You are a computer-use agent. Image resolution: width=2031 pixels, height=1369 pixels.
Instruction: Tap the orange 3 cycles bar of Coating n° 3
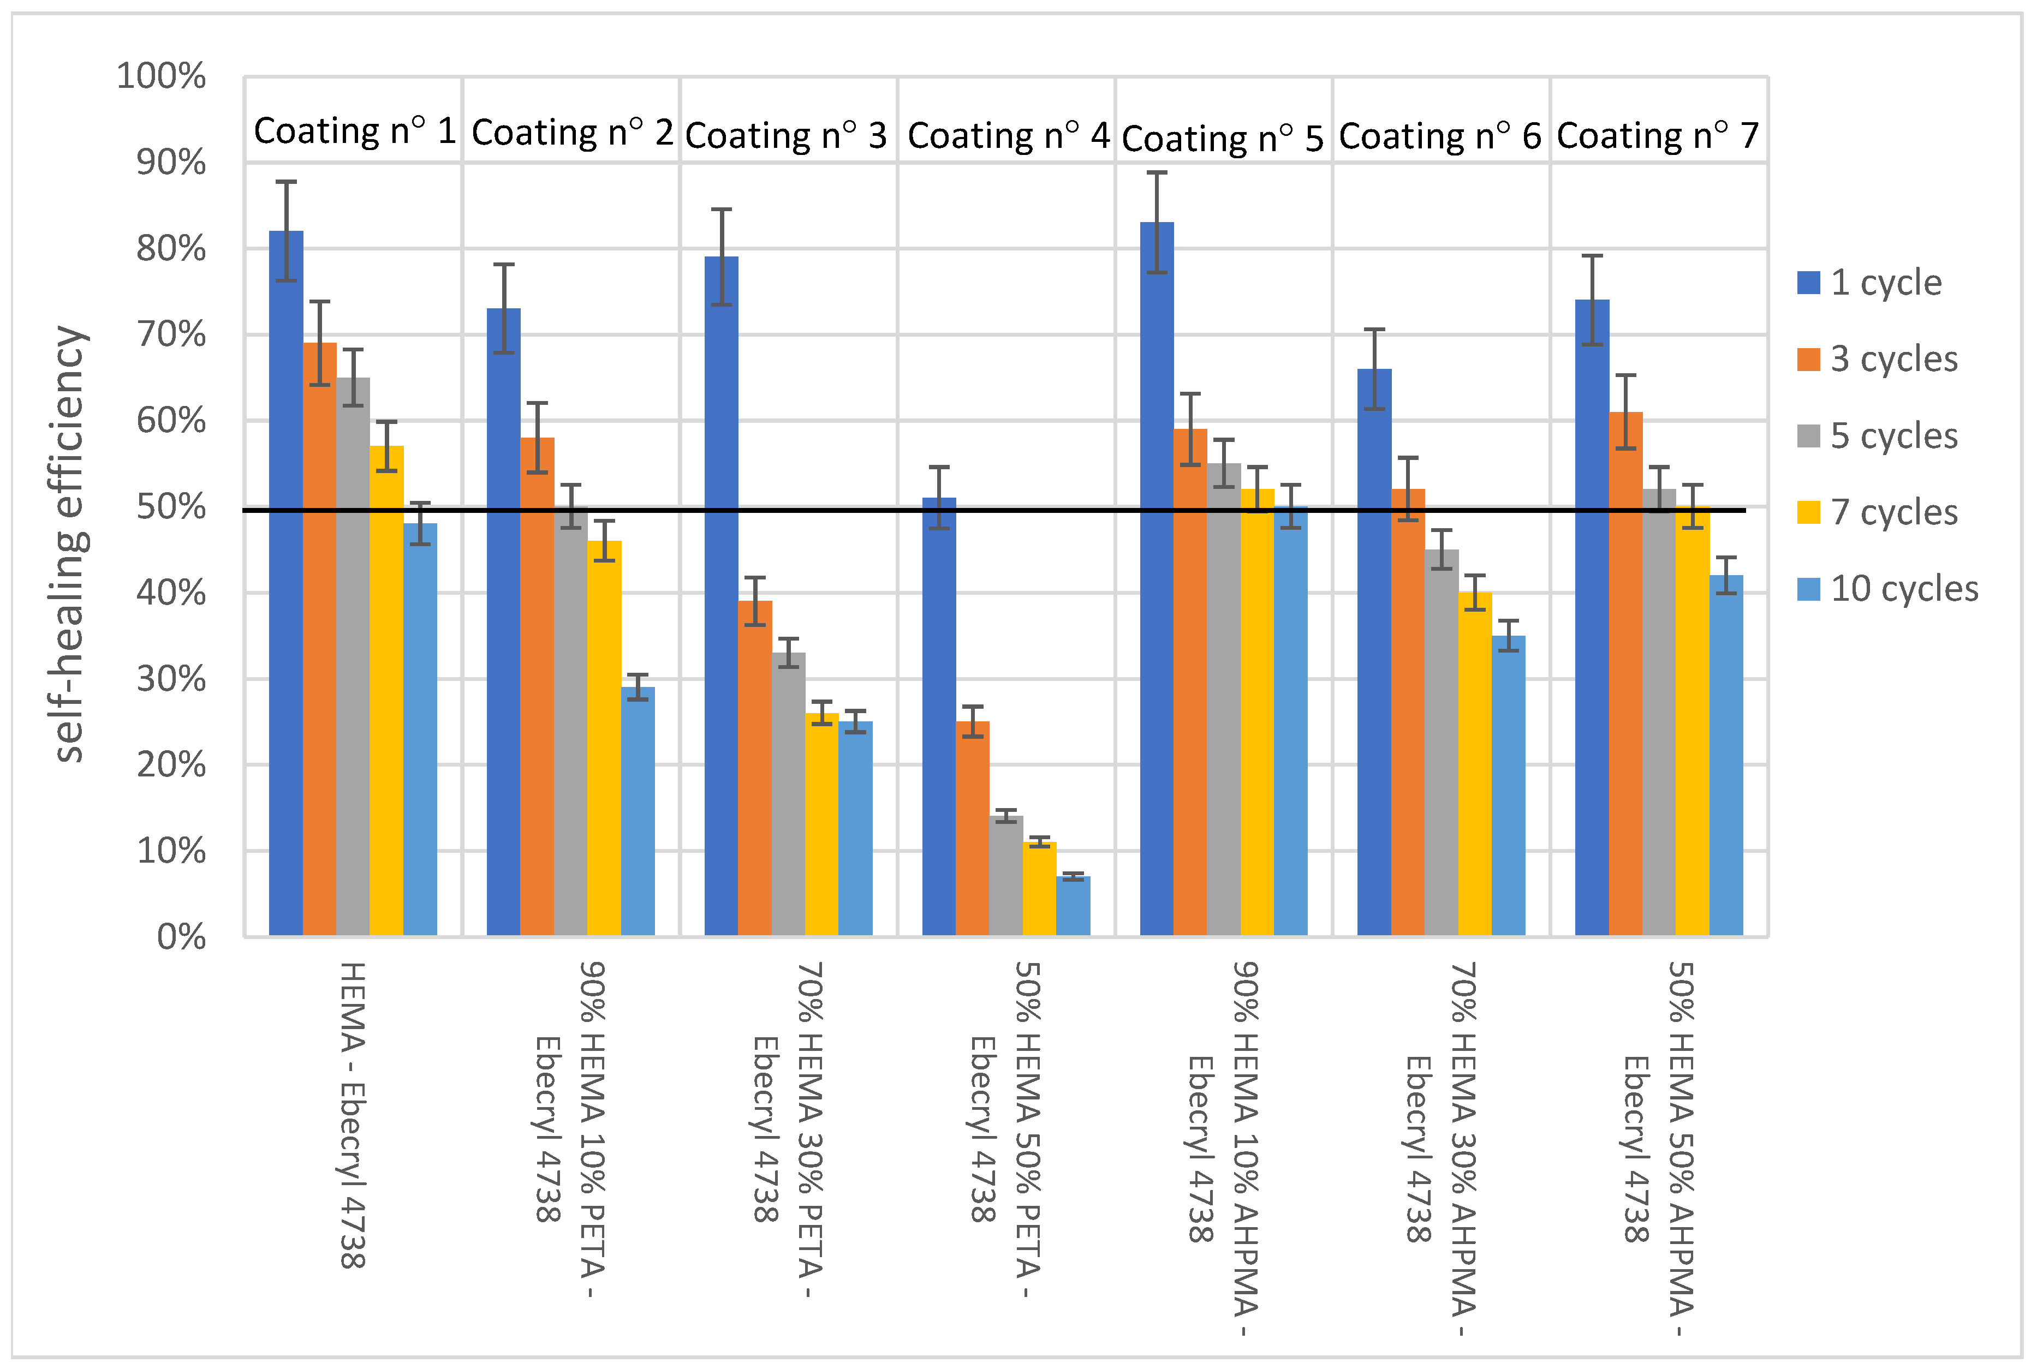pyautogui.click(x=754, y=768)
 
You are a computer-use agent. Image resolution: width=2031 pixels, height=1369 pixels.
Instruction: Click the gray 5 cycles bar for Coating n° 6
pyautogui.click(x=1442, y=742)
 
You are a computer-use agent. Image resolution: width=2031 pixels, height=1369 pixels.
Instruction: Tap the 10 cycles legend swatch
pyautogui.click(x=1808, y=589)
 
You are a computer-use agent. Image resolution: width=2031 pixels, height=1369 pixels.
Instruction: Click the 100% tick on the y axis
pyautogui.click(x=162, y=77)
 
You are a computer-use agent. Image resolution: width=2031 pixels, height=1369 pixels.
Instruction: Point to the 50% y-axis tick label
pyautogui.click(x=171, y=507)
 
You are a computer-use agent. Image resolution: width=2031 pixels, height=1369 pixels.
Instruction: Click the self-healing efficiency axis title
pyautogui.click(x=70, y=543)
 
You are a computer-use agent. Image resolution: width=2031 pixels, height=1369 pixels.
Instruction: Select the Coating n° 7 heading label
pyautogui.click(x=1657, y=135)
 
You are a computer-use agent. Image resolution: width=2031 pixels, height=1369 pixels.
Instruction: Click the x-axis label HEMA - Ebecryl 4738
pyautogui.click(x=352, y=1115)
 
